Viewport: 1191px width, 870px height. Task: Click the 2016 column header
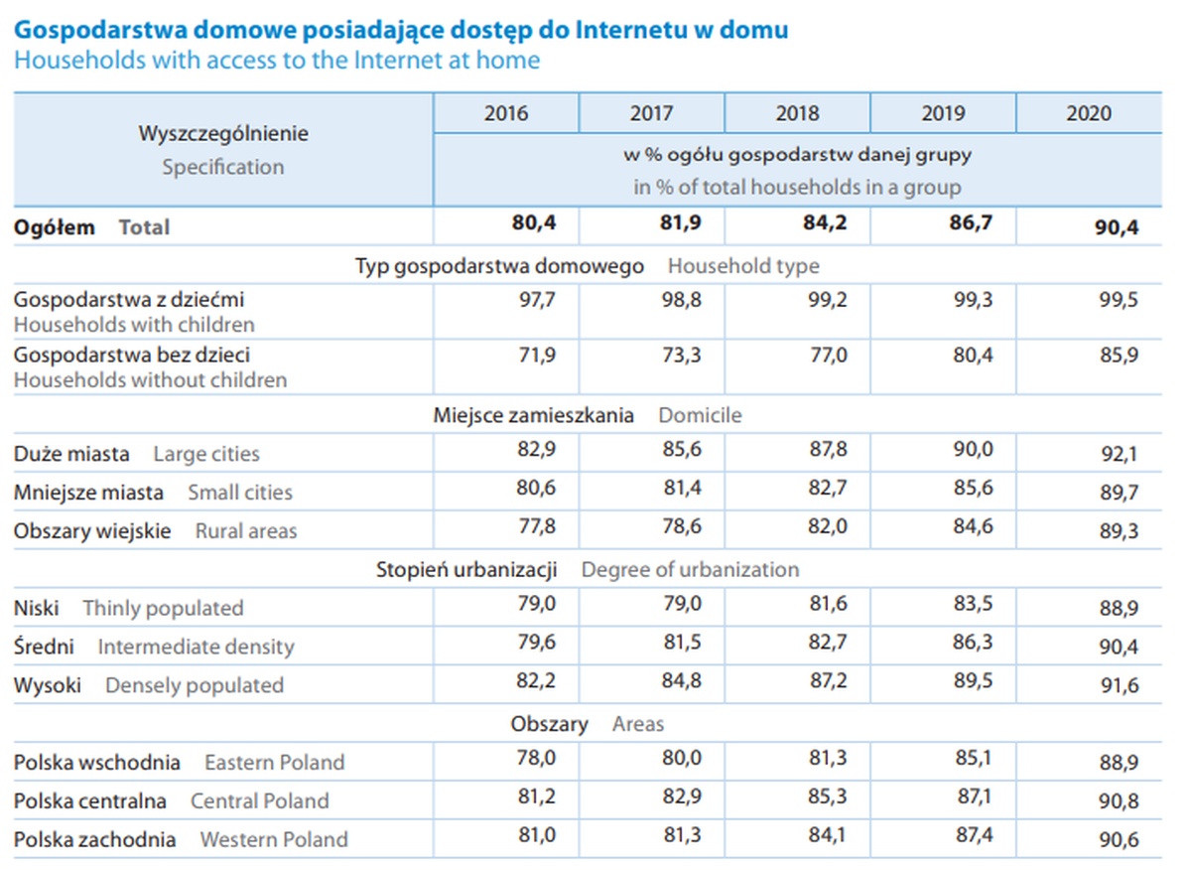(x=506, y=113)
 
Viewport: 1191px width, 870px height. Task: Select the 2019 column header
(x=942, y=113)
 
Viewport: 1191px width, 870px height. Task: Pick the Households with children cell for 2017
(x=681, y=299)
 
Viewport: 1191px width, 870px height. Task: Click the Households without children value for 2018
(x=827, y=355)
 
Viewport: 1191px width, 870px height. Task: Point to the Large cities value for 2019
(x=973, y=449)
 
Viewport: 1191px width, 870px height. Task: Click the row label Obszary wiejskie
(x=92, y=531)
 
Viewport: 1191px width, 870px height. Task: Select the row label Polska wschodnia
(x=97, y=763)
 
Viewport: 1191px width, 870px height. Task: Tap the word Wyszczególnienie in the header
(x=223, y=133)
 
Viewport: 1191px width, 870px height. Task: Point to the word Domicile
(x=700, y=415)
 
